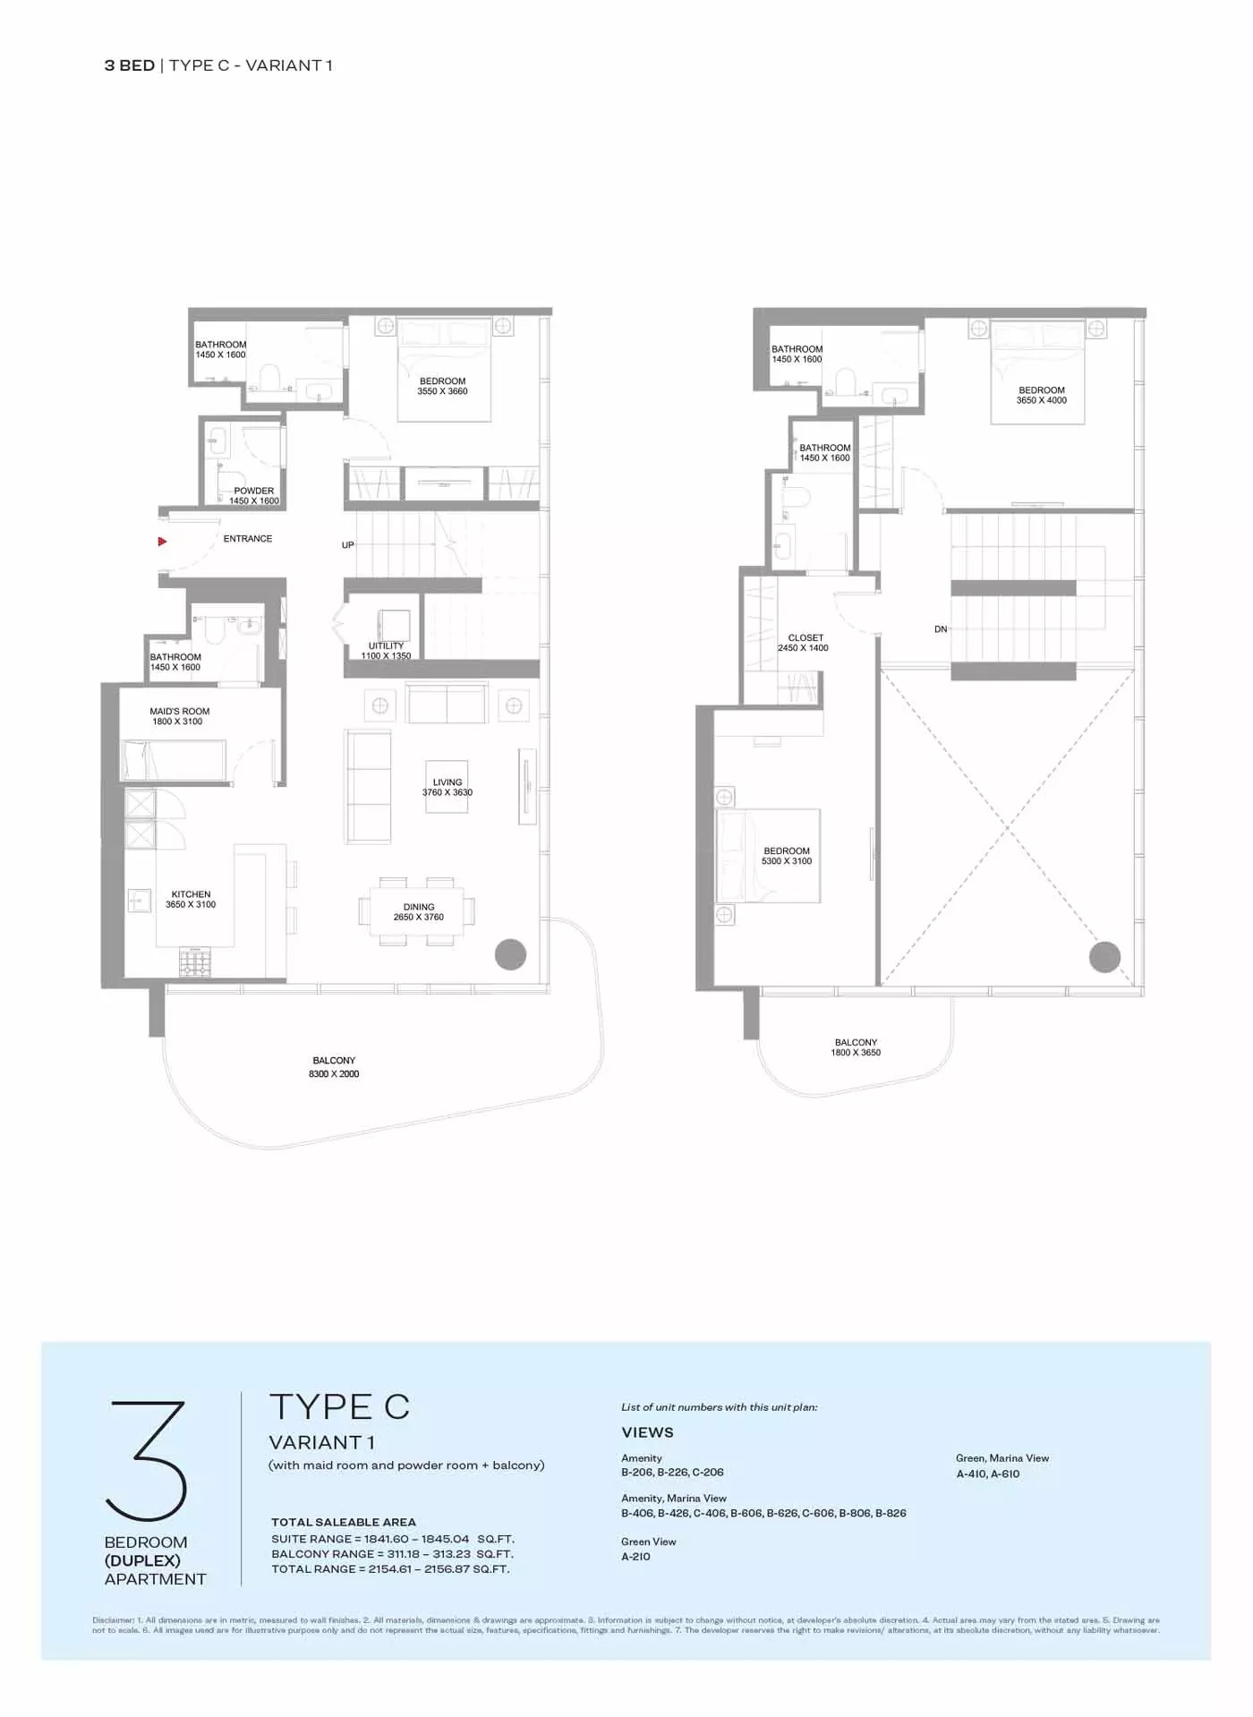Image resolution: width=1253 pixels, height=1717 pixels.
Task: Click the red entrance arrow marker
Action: coord(162,542)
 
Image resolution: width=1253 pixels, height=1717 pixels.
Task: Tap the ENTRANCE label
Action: coord(248,539)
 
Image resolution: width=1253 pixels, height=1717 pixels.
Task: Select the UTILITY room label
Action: coord(386,650)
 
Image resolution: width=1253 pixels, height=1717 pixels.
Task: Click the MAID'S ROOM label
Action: coord(179,716)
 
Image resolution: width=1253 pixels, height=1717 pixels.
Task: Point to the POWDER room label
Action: coord(254,496)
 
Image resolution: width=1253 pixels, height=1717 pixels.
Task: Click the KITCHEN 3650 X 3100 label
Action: coord(191,900)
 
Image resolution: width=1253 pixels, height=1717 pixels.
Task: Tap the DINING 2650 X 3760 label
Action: coord(419,912)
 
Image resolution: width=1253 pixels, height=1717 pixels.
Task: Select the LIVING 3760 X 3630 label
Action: coord(447,787)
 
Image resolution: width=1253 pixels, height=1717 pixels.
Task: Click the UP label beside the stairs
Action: coord(348,545)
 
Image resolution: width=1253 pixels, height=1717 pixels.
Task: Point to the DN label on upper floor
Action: coord(941,629)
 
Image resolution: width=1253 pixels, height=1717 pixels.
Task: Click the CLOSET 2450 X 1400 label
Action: coord(804,643)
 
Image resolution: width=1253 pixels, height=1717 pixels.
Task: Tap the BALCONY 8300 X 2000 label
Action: coord(334,1067)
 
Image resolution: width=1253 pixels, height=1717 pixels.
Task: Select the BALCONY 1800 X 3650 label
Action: coord(856,1047)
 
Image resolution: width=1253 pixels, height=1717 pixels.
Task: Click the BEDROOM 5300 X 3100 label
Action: coord(787,856)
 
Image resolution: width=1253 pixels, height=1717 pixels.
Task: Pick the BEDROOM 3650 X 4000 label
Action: coord(1042,395)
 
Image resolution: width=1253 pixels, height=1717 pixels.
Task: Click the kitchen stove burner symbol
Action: coord(195,961)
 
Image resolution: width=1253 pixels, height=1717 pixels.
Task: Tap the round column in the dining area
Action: coord(510,954)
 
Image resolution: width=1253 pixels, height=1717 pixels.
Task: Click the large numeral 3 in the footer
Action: coord(149,1460)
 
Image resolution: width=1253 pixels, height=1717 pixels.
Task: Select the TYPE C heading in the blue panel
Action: coord(339,1407)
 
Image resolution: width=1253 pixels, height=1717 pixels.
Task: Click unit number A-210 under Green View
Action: coord(635,1557)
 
